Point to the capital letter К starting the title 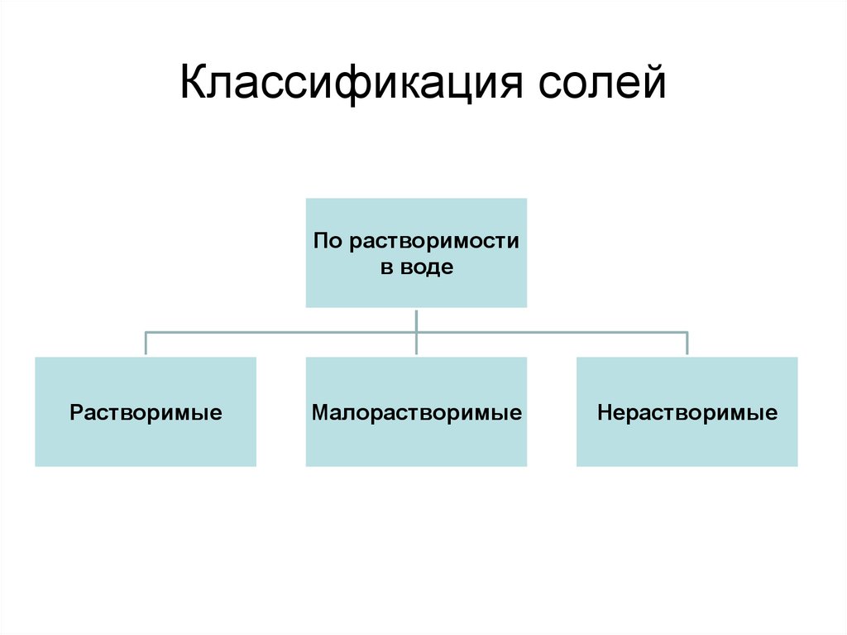point(193,85)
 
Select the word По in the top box point(328,242)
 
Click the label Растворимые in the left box point(146,412)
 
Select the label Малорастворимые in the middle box point(416,412)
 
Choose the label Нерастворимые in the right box point(687,412)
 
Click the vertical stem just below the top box point(416,319)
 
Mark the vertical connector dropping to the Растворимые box point(146,344)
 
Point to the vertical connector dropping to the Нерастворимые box point(687,344)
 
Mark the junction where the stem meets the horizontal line point(416,333)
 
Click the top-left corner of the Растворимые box point(36,358)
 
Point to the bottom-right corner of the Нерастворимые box point(797,465)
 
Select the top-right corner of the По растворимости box point(526,199)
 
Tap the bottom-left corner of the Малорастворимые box point(307,465)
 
